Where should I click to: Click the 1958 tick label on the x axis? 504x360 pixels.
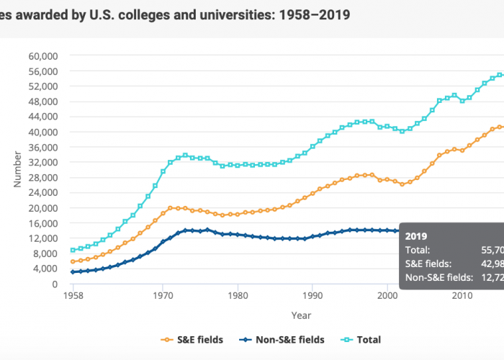pyautogui.click(x=73, y=296)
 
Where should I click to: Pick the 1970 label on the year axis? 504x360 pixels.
pyautogui.click(x=163, y=296)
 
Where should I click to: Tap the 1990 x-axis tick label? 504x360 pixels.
pyautogui.click(x=312, y=296)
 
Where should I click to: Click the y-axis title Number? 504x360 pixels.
pyautogui.click(x=18, y=170)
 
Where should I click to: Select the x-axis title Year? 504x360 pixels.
pyautogui.click(x=301, y=315)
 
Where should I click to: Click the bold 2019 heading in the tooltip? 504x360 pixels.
pyautogui.click(x=416, y=235)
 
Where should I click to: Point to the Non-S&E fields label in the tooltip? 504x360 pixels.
pyautogui.click(x=438, y=276)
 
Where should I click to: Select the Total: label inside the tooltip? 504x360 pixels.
pyautogui.click(x=418, y=249)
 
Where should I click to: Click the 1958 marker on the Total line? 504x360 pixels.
pyautogui.click(x=73, y=250)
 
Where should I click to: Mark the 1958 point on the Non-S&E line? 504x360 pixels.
pyautogui.click(x=73, y=272)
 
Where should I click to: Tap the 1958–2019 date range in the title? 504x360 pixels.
pyautogui.click(x=310, y=14)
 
